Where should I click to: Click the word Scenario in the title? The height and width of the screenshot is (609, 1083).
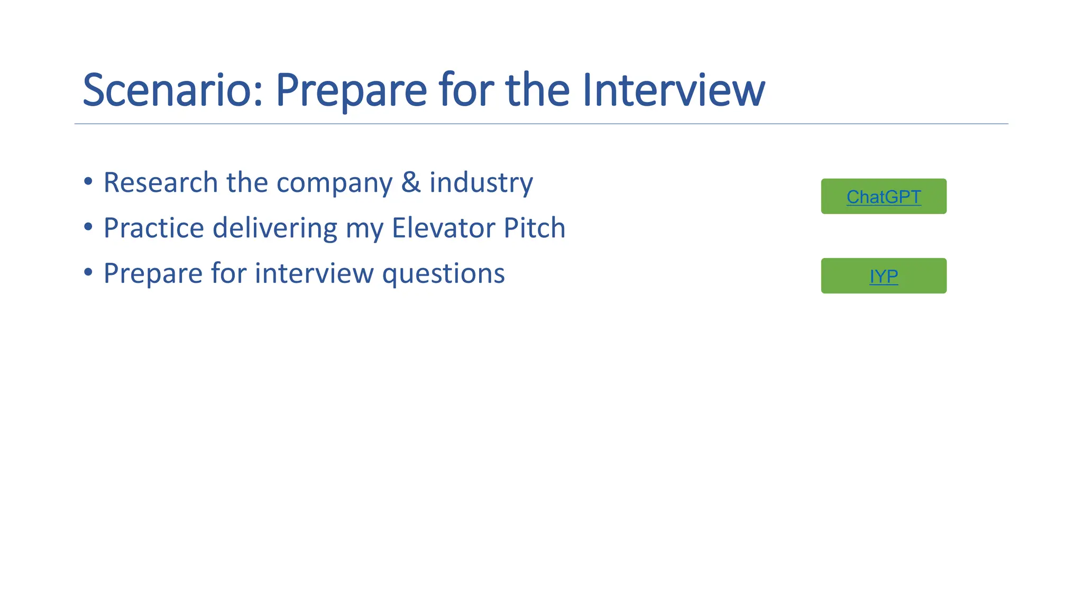[172, 90]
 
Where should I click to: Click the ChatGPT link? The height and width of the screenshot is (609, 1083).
[884, 197]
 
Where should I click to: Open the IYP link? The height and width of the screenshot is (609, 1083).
[884, 276]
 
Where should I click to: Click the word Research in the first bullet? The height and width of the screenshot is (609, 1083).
[160, 182]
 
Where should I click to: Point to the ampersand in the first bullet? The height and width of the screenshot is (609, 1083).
[411, 182]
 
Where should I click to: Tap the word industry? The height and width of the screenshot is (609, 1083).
[481, 183]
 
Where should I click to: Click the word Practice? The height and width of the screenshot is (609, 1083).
[153, 228]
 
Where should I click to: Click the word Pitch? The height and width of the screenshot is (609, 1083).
[535, 228]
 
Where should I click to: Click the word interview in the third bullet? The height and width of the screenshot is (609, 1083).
[315, 273]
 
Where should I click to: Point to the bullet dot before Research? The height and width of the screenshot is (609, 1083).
[88, 181]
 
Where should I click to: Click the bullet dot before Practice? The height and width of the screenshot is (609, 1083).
[88, 227]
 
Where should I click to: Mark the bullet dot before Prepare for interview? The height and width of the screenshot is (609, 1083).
[88, 272]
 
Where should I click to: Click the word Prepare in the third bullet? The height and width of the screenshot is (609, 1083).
[153, 274]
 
